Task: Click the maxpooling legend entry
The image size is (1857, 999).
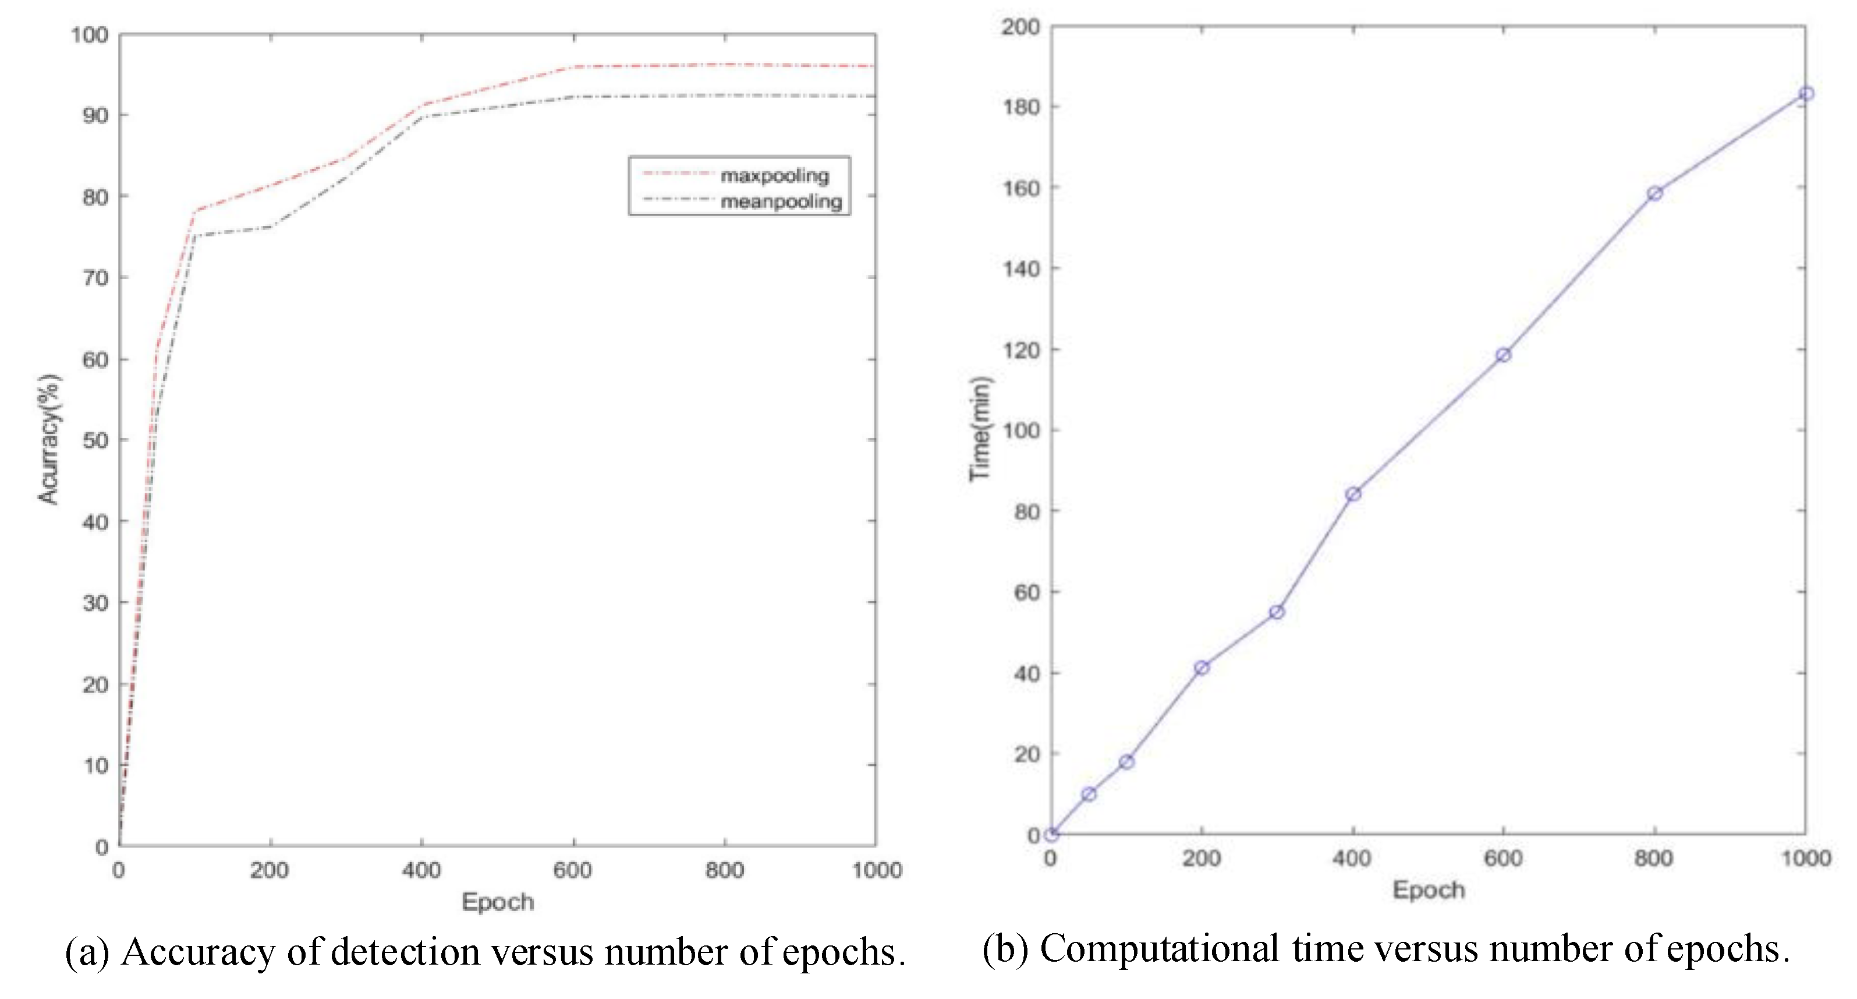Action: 774,175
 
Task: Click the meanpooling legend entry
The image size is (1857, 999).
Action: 781,201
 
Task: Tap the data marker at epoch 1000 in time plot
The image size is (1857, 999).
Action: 1806,94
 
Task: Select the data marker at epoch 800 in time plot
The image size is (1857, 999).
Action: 1655,193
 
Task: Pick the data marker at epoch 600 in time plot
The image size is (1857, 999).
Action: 1504,355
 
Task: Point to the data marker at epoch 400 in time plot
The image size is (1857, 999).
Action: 1353,494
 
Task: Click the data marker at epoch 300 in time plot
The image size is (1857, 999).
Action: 1277,612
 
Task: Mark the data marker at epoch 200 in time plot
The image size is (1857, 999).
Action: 1202,668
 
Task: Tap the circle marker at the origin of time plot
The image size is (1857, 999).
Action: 1052,835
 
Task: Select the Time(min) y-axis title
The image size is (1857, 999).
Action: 980,429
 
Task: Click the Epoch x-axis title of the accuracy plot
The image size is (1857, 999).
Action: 497,902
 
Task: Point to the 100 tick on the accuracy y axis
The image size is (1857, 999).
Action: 90,34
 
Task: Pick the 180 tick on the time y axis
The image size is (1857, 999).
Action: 1022,107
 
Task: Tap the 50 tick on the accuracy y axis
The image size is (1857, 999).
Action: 95,440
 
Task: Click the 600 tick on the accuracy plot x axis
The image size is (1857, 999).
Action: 572,871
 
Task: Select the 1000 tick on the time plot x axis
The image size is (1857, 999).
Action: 1806,859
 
